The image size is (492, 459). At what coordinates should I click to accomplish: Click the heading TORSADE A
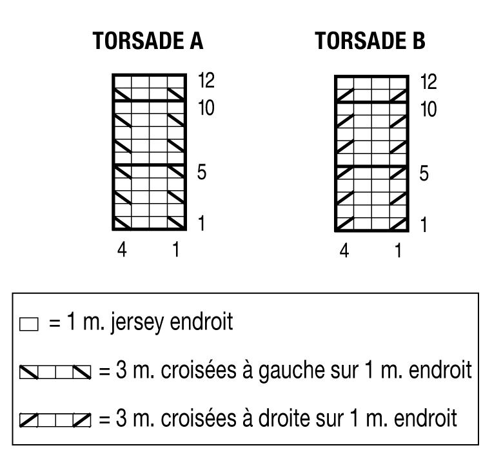point(148,41)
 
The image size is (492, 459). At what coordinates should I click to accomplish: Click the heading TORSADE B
point(370,41)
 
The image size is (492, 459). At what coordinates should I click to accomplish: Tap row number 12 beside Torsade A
point(206,81)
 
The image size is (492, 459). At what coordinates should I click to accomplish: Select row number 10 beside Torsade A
point(206,108)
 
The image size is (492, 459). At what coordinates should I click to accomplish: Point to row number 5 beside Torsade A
point(202,172)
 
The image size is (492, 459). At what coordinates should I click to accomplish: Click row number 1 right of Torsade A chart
point(201,224)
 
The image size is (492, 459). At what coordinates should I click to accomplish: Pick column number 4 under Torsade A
point(122,249)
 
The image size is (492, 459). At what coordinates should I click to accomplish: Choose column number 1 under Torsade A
point(176,249)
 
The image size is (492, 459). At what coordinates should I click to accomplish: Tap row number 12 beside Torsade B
point(428,82)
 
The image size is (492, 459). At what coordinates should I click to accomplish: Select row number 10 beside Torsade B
point(428,109)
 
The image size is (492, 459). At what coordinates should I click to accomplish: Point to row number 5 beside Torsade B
point(424,173)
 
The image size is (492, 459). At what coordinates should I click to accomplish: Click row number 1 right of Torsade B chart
point(424,224)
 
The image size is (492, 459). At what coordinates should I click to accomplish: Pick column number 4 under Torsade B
point(344,251)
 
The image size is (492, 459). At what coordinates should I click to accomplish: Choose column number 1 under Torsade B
point(399,251)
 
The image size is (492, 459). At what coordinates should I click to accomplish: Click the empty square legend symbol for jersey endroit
point(29,324)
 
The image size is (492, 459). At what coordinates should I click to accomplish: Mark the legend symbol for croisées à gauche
point(55,372)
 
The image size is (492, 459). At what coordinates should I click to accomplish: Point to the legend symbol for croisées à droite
point(55,420)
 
